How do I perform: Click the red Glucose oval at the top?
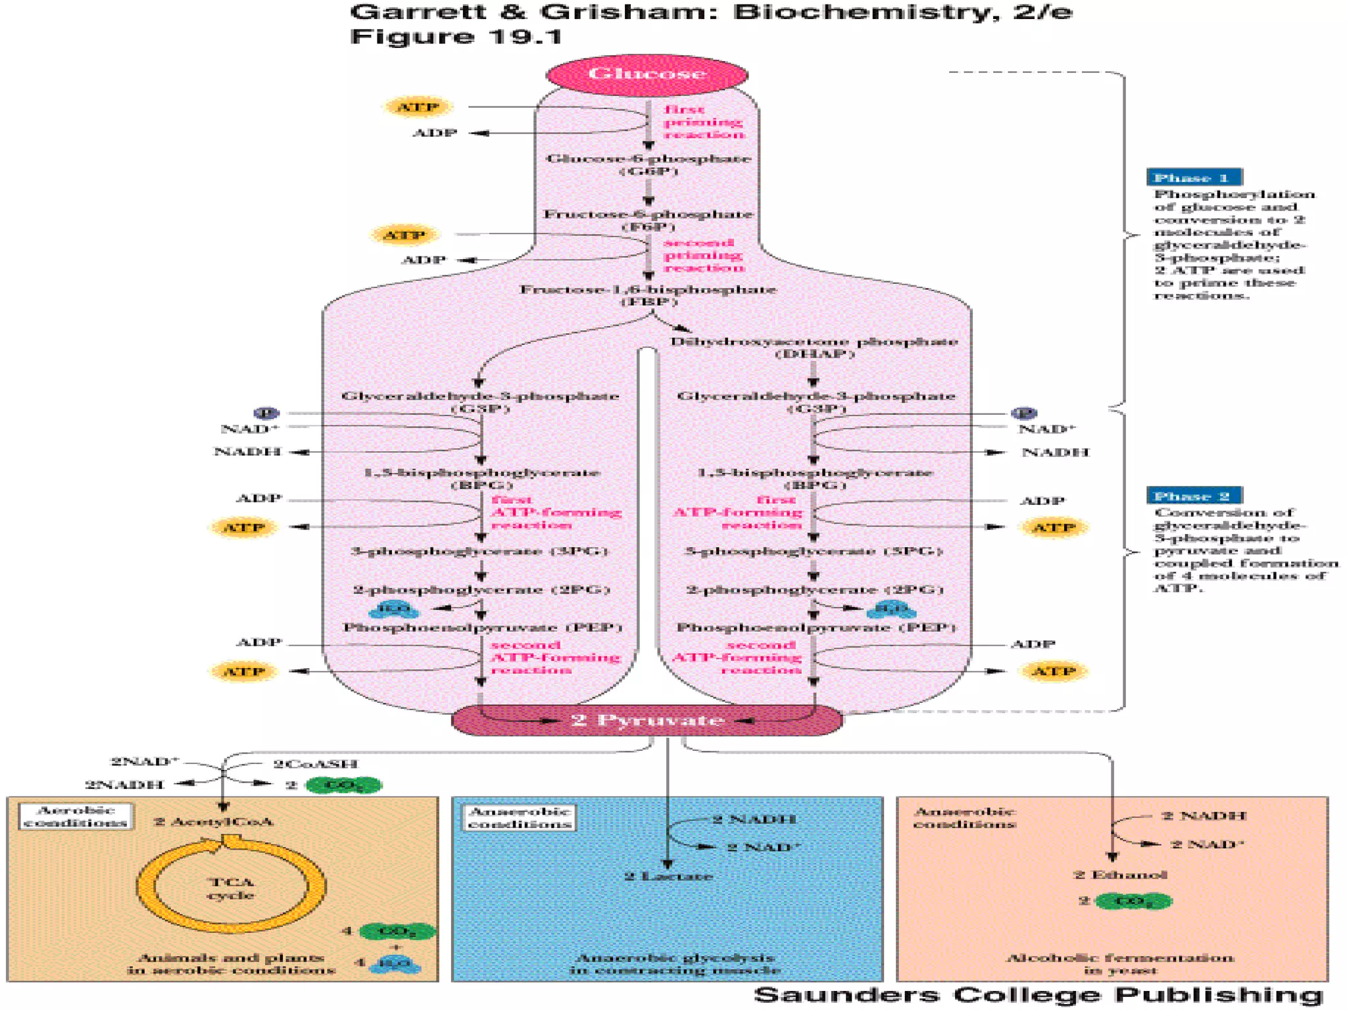pos(647,73)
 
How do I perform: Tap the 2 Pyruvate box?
pos(647,720)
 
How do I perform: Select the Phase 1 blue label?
pos(1194,178)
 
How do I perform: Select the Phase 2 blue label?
pos(1194,496)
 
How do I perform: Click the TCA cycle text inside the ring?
pos(231,888)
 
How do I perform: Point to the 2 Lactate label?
pos(668,877)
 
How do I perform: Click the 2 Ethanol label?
pos(1120,875)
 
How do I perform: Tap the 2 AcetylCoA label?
pos(213,822)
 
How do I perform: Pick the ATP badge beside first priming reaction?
pos(418,107)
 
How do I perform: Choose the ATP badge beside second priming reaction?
pos(404,235)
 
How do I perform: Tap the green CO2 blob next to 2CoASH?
pos(343,785)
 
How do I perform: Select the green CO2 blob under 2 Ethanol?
pos(1133,901)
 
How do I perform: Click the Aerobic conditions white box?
pos(75,817)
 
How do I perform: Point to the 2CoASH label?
pos(316,764)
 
